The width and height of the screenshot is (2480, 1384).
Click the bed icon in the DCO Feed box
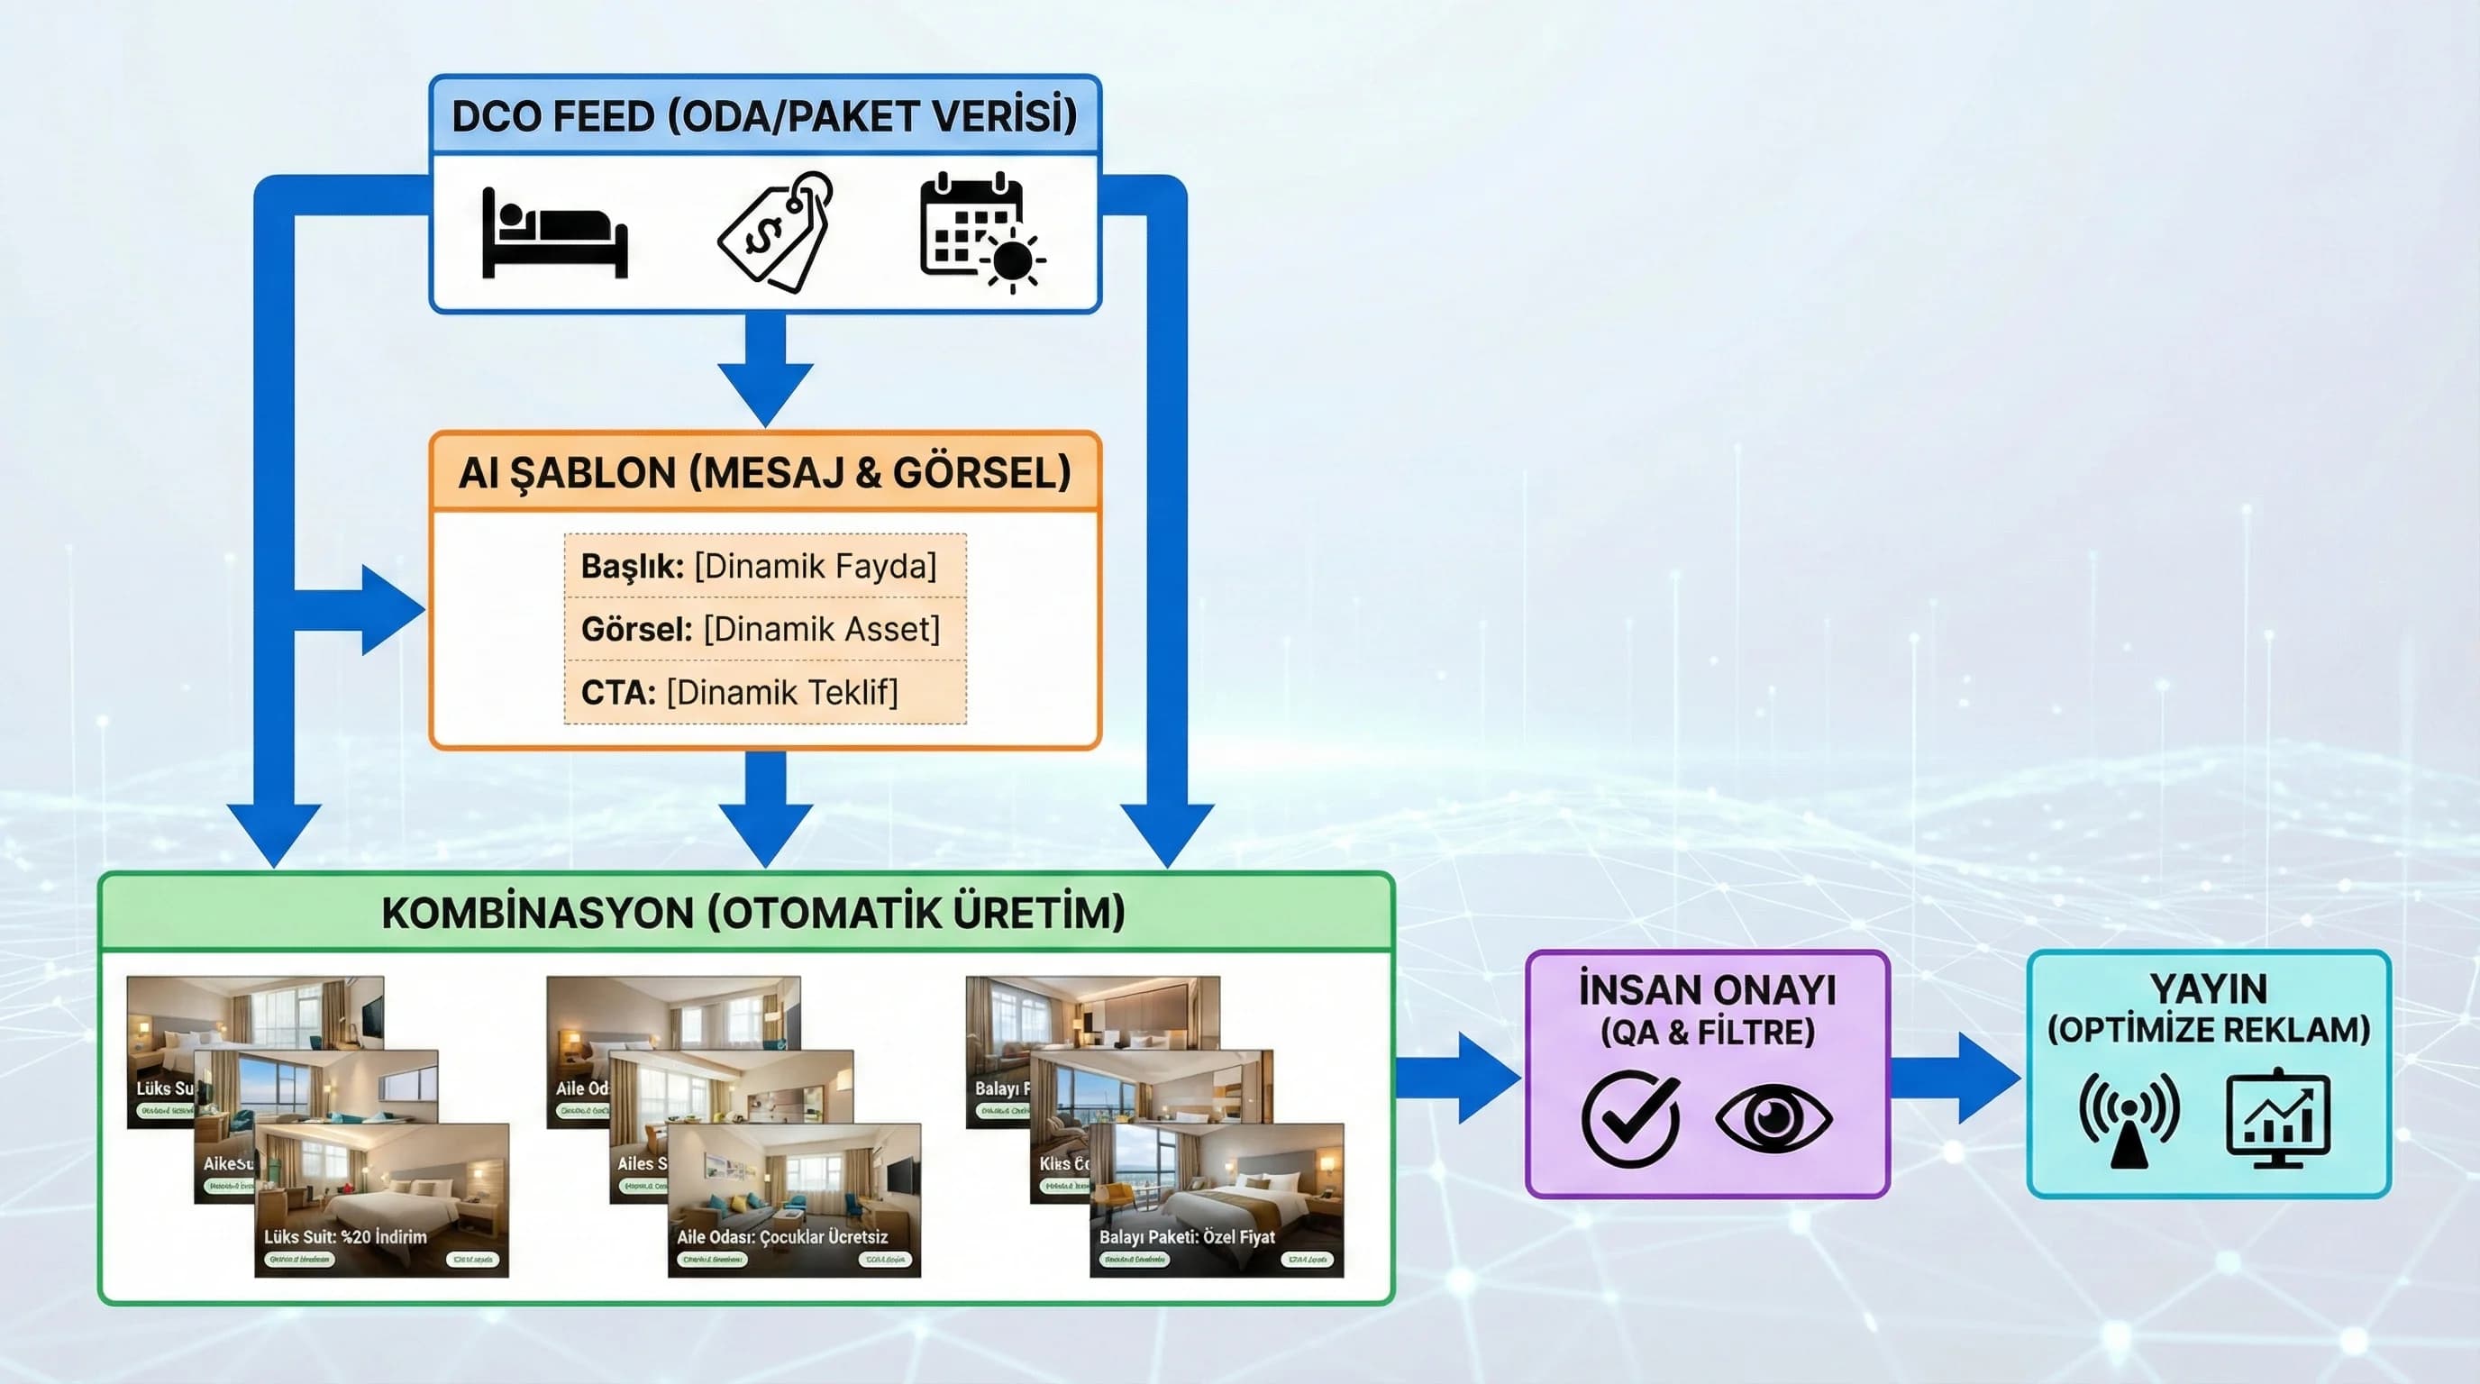click(553, 234)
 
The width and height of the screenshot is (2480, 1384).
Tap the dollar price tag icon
click(776, 232)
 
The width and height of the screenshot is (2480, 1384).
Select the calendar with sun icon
click(980, 232)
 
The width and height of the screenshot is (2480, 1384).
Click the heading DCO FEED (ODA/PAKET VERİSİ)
click(764, 116)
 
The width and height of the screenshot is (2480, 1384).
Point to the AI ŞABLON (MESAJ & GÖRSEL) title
click(764, 472)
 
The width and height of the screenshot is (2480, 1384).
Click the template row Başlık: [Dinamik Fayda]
click(759, 566)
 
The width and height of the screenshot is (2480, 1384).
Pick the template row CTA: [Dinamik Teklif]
click(739, 692)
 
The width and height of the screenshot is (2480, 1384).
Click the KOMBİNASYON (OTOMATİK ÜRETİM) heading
click(752, 913)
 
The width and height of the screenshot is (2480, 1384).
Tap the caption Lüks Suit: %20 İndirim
click(346, 1237)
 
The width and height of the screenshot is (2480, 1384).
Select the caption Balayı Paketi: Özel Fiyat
click(1187, 1237)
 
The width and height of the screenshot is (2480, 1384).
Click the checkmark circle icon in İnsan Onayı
click(1630, 1118)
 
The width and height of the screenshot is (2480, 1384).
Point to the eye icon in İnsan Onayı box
click(1773, 1117)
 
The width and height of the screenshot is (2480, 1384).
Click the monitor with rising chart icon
click(2279, 1119)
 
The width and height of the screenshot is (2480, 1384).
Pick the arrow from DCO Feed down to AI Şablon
click(765, 370)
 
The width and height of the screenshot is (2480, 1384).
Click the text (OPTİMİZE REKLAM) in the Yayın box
click(2209, 1031)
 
